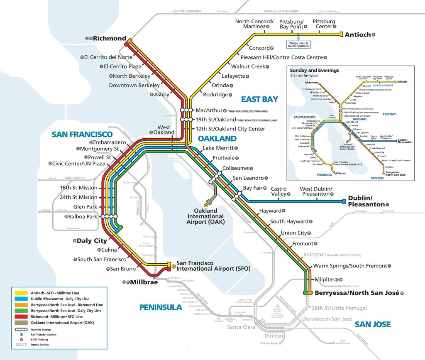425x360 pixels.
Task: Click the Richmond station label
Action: pyautogui.click(x=109, y=38)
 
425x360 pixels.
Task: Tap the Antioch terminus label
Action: pyautogui.click(x=357, y=35)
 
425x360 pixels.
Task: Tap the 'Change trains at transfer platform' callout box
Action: pyautogui.click(x=298, y=44)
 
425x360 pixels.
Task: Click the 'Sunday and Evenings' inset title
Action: pyautogui.click(x=314, y=71)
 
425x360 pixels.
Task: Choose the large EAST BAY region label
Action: pyautogui.click(x=259, y=99)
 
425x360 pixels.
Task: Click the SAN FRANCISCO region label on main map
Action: pyautogui.click(x=82, y=134)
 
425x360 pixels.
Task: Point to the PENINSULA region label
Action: pyautogui.click(x=161, y=307)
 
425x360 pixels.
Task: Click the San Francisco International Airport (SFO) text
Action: pyautogui.click(x=213, y=266)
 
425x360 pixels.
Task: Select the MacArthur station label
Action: pyautogui.click(x=208, y=110)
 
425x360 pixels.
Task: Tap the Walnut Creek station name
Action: pyautogui.click(x=248, y=66)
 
